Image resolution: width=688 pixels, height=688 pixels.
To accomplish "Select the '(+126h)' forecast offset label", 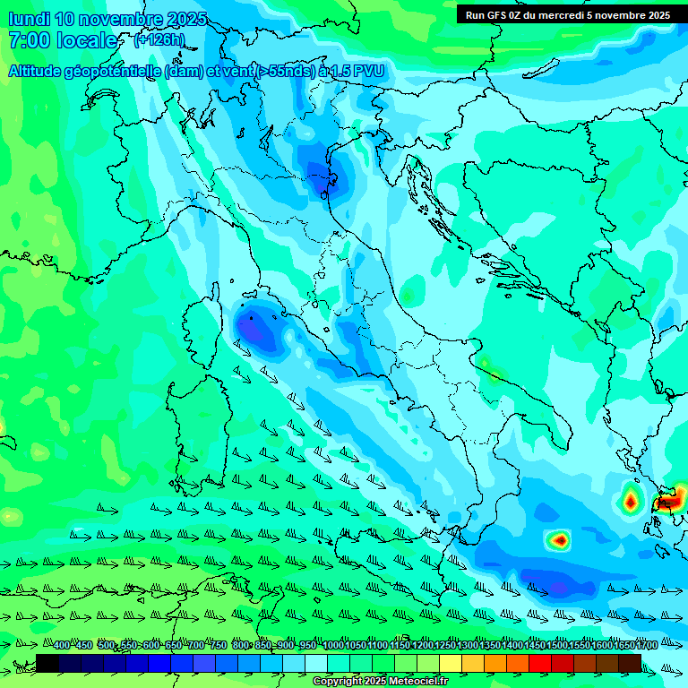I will [159, 40].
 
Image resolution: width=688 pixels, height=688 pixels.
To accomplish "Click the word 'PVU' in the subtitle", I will [369, 72].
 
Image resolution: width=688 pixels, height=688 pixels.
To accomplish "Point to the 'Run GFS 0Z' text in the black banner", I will [497, 15].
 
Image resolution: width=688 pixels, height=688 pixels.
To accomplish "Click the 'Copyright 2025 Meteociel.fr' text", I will [379, 682].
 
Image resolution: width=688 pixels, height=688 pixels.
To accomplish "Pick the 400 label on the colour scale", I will [62, 646].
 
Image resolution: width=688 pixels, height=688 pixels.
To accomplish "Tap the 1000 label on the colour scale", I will [332, 646].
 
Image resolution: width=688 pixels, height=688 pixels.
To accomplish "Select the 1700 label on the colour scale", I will [646, 646].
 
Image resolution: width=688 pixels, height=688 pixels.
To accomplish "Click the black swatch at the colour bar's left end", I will [47, 663].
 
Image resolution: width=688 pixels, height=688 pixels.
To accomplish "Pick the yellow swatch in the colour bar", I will [451, 663].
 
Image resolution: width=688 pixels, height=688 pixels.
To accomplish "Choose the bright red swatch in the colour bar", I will [540, 663].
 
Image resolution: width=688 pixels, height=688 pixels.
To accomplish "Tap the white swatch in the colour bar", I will [316, 663].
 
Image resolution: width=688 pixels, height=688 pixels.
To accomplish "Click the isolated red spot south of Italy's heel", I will [559, 539].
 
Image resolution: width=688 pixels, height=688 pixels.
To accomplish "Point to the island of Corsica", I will [202, 327].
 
